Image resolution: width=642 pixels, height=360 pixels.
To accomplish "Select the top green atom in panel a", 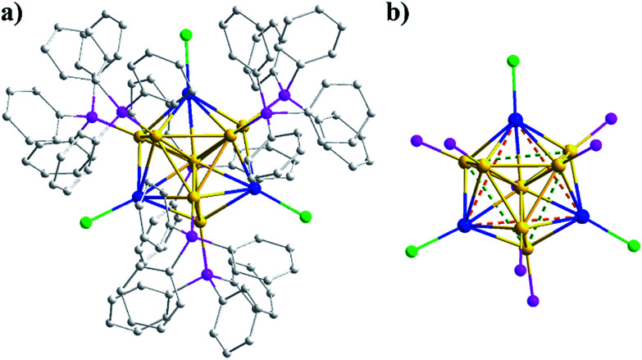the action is pos(186,34).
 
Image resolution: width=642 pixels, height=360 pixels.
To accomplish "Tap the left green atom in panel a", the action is pos(86,222).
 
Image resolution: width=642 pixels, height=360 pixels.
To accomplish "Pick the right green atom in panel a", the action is pos(305,216).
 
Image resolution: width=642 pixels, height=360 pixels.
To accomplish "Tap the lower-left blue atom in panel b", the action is pos(465,224).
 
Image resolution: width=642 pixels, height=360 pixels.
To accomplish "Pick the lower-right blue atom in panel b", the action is pos(583,217).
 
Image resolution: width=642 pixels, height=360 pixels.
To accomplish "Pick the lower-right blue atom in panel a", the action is pos(254,189).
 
